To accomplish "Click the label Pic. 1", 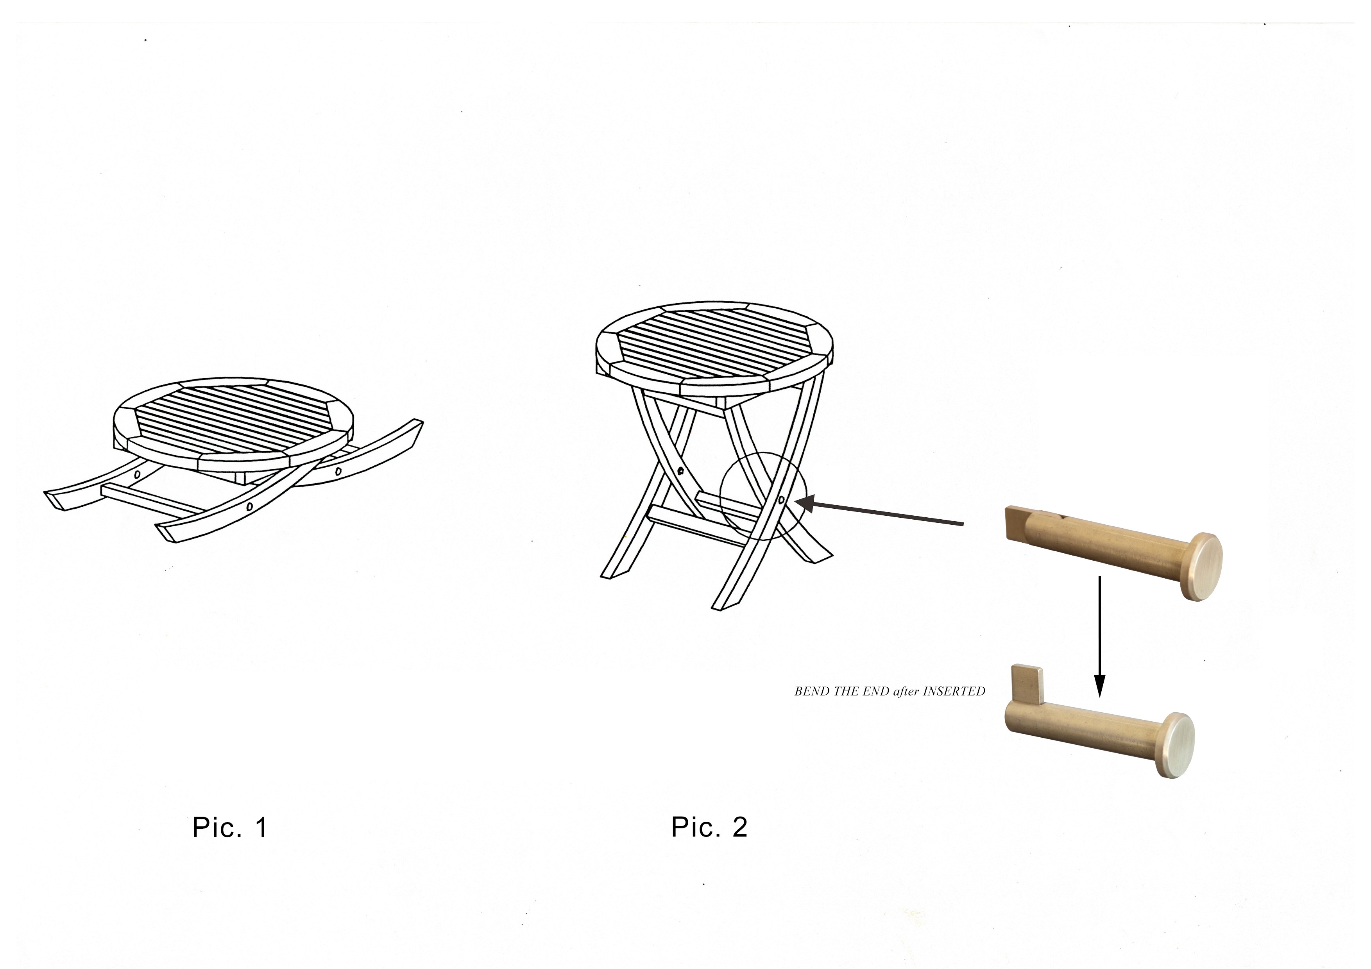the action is coord(230,828).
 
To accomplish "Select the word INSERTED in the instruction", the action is coord(954,691).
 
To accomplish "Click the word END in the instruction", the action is coord(876,691).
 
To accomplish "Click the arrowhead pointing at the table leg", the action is coord(806,503).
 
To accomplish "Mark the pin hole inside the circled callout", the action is coord(782,499).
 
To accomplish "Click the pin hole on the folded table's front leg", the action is coord(250,506).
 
